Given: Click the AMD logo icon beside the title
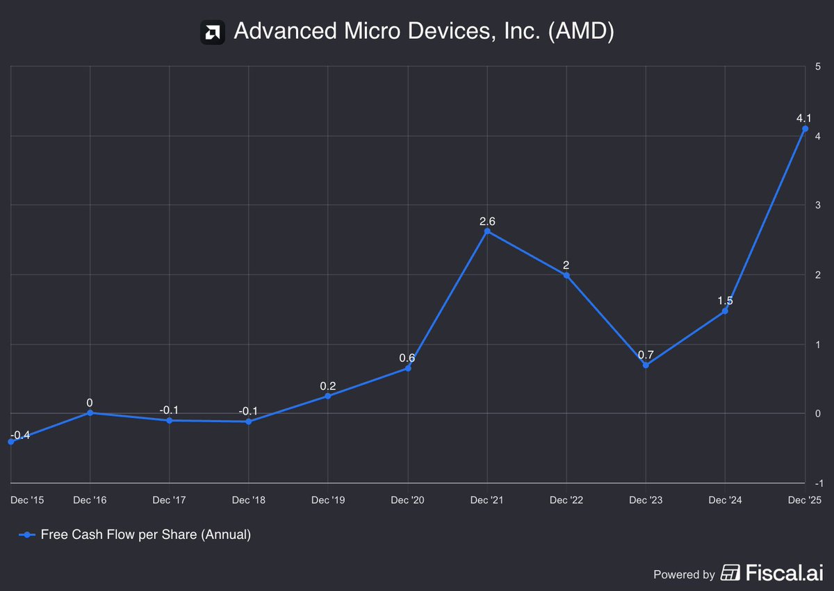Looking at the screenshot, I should (x=213, y=33).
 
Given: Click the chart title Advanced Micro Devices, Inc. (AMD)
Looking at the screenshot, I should (x=424, y=32).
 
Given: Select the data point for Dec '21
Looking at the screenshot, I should (x=487, y=231).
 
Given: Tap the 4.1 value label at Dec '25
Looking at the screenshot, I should (x=804, y=119).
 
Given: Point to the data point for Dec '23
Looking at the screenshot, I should (x=646, y=365).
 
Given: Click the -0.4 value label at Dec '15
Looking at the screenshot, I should (x=20, y=435).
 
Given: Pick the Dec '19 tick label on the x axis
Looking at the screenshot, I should (x=328, y=500).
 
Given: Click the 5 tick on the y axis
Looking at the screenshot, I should (x=818, y=67).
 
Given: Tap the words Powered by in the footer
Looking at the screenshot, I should (x=684, y=574).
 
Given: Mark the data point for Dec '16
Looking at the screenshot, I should (x=90, y=413).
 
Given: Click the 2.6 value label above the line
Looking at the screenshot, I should (x=487, y=222).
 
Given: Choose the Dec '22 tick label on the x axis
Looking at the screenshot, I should (x=566, y=500).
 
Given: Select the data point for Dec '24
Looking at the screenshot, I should (x=725, y=310).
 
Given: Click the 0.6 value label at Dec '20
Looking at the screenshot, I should (x=407, y=358).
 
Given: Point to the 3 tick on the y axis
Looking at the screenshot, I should (x=818, y=206).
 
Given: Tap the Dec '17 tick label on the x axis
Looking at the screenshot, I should (x=169, y=500).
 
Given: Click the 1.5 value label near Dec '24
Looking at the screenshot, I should (x=725, y=301).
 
